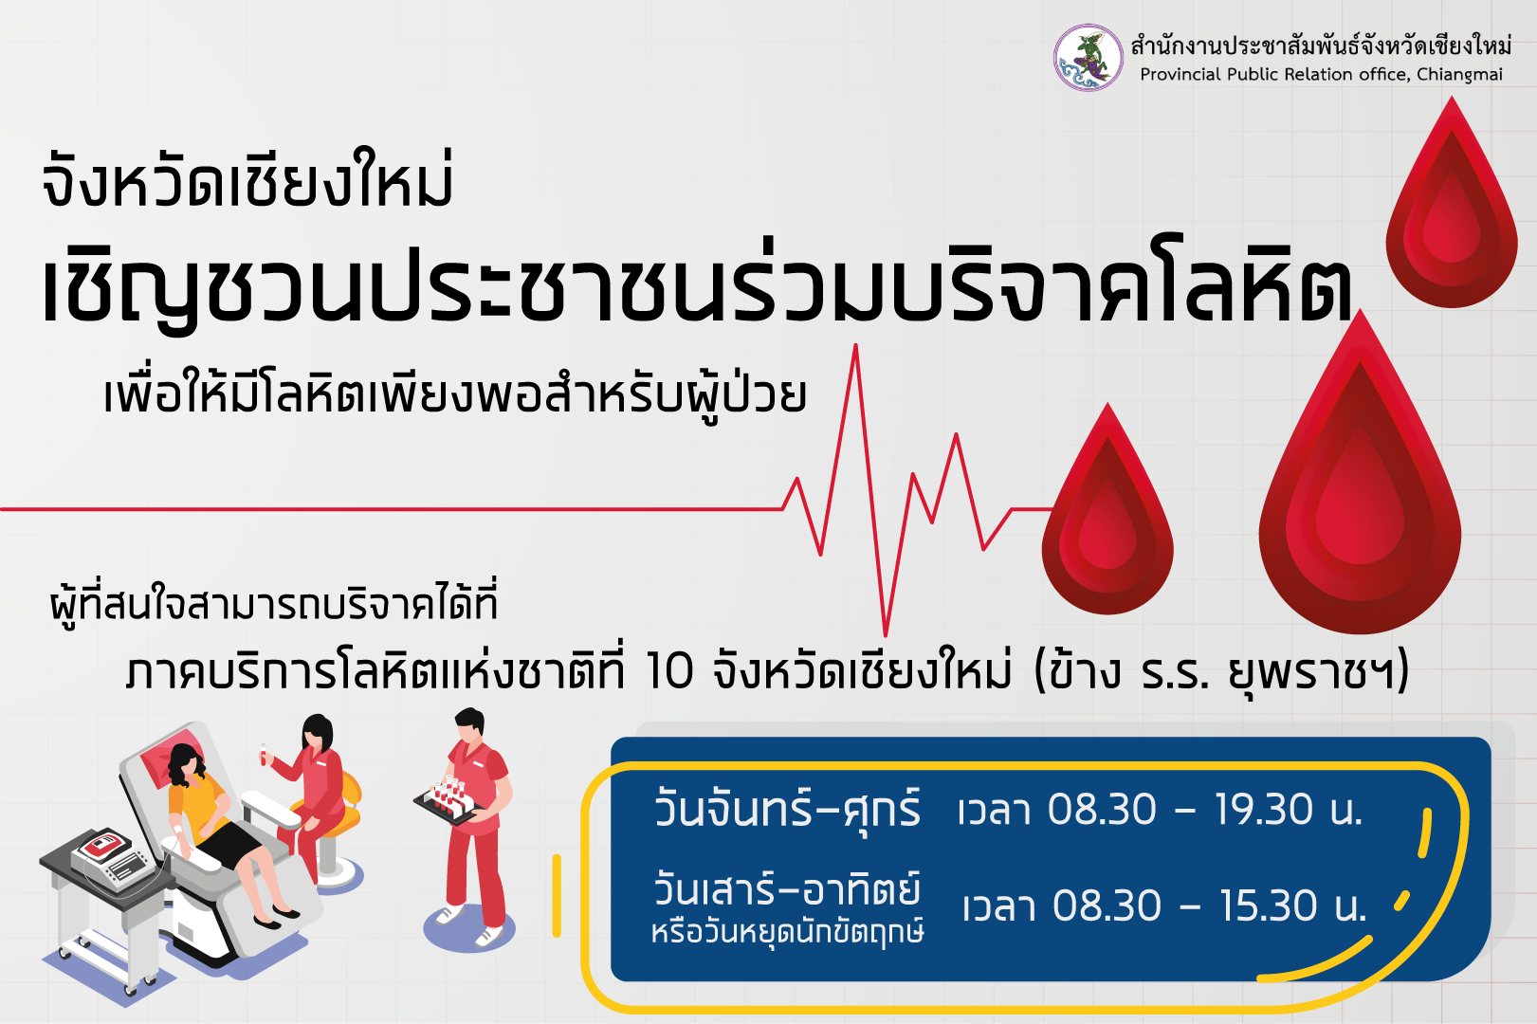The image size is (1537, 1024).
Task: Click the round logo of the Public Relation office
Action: (1089, 58)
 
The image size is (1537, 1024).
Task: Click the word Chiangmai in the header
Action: (1459, 75)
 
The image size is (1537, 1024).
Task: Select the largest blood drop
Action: (1360, 473)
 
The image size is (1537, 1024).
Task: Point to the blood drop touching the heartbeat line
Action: (1107, 511)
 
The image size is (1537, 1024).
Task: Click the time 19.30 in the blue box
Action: (1263, 810)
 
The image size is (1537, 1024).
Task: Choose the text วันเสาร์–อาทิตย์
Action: (787, 889)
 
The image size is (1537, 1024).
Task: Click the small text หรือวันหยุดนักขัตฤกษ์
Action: (787, 933)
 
